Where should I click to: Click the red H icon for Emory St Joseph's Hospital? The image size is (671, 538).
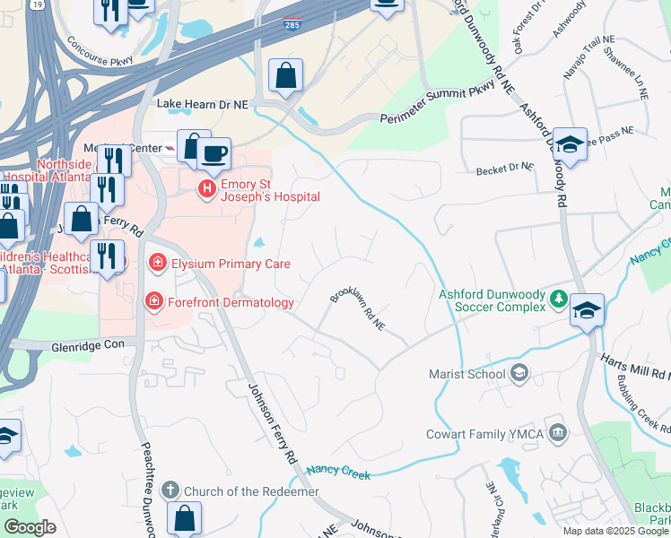(206, 188)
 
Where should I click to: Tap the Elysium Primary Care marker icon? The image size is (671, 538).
(158, 263)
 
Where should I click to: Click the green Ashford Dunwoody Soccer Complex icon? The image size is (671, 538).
(558, 299)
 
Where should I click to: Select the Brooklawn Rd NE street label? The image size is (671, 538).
(357, 309)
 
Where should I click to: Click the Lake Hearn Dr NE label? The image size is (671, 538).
(202, 105)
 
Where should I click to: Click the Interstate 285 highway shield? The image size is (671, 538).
(292, 26)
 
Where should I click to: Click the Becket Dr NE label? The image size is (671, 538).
(505, 169)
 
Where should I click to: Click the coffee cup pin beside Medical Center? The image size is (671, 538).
(214, 153)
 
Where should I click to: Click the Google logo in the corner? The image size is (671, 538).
(30, 527)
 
